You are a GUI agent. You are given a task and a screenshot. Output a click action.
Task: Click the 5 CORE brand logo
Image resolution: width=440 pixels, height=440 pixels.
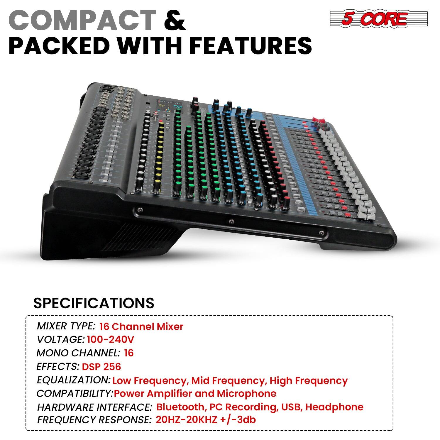pos(378,18)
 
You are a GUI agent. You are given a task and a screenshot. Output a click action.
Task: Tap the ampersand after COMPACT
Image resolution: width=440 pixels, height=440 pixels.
pos(175,20)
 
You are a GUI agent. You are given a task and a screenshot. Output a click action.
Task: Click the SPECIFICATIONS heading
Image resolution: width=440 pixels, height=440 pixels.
pos(94,303)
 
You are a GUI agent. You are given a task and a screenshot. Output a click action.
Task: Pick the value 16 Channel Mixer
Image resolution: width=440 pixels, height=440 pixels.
pos(141,326)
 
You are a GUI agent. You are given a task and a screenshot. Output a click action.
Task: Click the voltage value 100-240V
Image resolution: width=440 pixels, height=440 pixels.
pos(111,339)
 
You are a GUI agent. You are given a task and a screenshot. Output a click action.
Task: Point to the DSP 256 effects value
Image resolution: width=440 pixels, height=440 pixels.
pos(101,366)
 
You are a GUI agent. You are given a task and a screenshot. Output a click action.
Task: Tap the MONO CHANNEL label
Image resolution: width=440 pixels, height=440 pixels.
pos(78,353)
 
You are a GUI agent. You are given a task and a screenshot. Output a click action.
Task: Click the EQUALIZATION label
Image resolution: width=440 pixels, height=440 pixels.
pos(74,380)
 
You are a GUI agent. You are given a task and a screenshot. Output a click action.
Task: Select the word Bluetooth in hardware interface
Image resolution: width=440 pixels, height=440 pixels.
pos(180,407)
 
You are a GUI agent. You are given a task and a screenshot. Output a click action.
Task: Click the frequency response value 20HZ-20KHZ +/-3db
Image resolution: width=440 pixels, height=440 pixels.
pos(206,420)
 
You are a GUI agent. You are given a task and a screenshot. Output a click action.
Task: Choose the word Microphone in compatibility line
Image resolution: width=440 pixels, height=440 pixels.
pos(246,393)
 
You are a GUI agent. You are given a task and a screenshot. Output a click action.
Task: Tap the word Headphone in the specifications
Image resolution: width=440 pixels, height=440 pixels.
pos(334,407)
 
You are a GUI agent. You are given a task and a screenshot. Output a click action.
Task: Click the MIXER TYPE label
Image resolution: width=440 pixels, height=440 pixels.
pos(66,326)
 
